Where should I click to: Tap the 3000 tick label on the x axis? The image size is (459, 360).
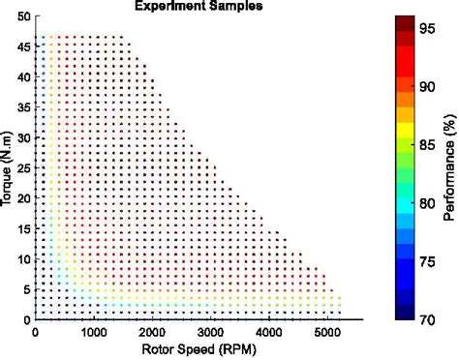(x=215, y=333)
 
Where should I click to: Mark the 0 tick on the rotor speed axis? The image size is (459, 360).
(x=36, y=333)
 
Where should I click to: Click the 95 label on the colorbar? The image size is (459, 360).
(x=425, y=29)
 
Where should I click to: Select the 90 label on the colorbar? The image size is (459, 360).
(x=425, y=87)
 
